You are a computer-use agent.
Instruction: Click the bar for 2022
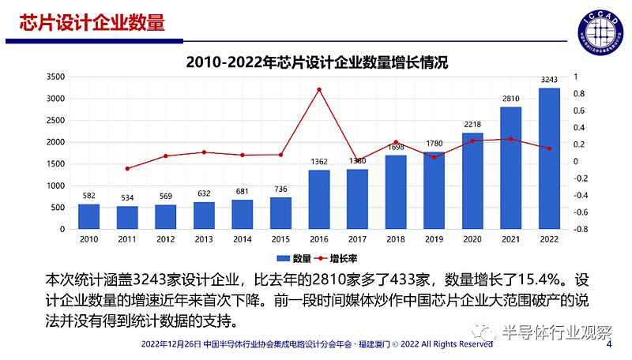pyautogui.click(x=549, y=158)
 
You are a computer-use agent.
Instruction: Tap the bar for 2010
pyautogui.click(x=88, y=216)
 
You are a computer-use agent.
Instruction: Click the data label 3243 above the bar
pyautogui.click(x=549, y=79)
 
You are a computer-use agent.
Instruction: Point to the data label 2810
pyautogui.click(x=511, y=98)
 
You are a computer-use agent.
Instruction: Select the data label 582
pyautogui.click(x=88, y=195)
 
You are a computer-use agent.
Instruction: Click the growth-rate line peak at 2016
pyautogui.click(x=319, y=89)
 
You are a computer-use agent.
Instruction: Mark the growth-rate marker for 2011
pyautogui.click(x=127, y=168)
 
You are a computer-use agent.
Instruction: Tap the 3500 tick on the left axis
pyautogui.click(x=55, y=77)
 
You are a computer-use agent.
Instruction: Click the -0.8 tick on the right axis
pyautogui.click(x=580, y=229)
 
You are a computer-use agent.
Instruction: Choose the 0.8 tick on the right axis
pyautogui.click(x=578, y=94)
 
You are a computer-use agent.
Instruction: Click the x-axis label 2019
pyautogui.click(x=434, y=239)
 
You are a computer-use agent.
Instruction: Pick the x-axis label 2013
pyautogui.click(x=204, y=239)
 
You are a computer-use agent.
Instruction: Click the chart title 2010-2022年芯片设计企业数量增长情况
pyautogui.click(x=316, y=62)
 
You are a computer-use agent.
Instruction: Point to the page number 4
pyautogui.click(x=608, y=344)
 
